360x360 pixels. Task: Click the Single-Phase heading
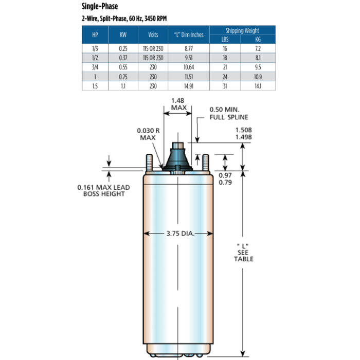pos(100,7)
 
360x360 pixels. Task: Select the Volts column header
pos(153,35)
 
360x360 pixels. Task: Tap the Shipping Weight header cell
pos(242,31)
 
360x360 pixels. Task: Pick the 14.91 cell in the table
pos(189,86)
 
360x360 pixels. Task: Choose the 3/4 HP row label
pos(95,67)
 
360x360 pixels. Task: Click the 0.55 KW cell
pos(123,67)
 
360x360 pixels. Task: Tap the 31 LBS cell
pos(225,86)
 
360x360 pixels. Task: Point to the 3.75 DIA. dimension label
pos(179,234)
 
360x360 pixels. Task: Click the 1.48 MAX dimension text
pos(178,104)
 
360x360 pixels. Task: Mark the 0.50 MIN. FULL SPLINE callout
pos(228,114)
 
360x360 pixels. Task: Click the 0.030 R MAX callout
pos(148,135)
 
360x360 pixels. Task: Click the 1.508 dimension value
pos(244,130)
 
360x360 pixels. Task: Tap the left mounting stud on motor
pos(149,164)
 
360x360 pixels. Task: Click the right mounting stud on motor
pos(206,164)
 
